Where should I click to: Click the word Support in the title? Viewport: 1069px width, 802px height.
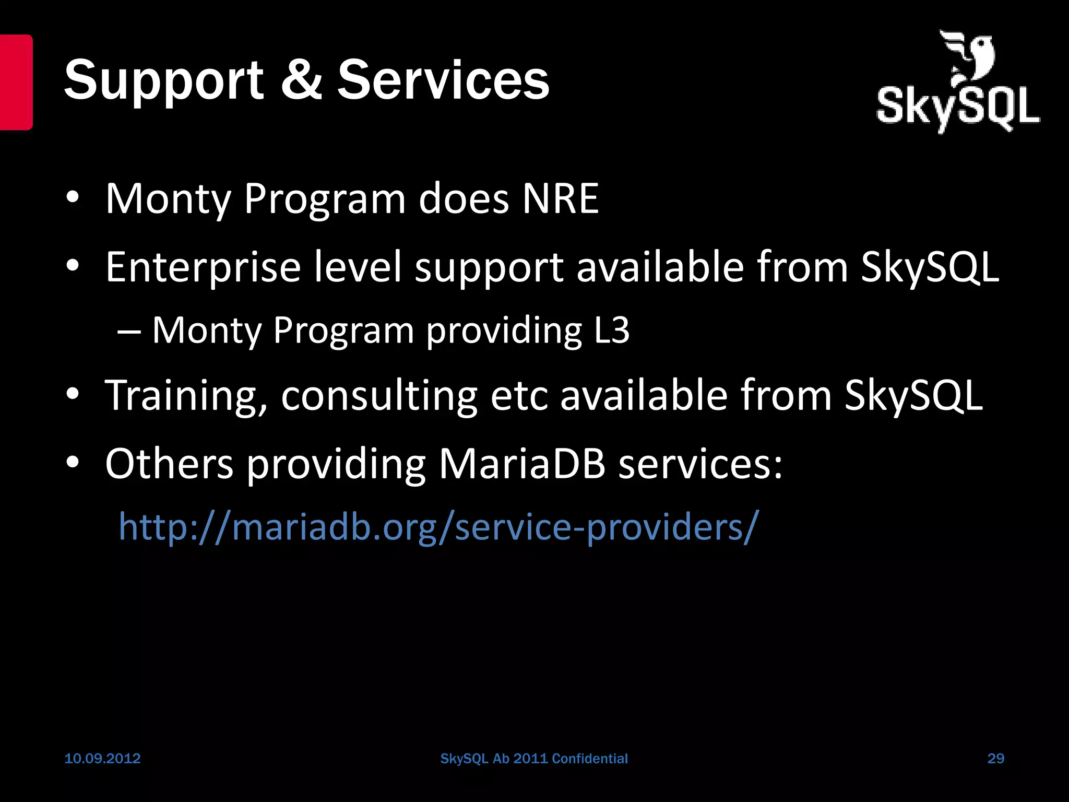click(x=163, y=81)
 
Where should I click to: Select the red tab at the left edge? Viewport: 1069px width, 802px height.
click(x=16, y=82)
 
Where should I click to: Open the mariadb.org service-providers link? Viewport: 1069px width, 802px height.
click(x=438, y=526)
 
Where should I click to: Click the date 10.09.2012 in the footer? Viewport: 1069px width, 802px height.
click(x=102, y=758)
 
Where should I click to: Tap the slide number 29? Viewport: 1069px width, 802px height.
click(x=995, y=758)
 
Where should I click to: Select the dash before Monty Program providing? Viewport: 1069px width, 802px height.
click(x=129, y=331)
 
